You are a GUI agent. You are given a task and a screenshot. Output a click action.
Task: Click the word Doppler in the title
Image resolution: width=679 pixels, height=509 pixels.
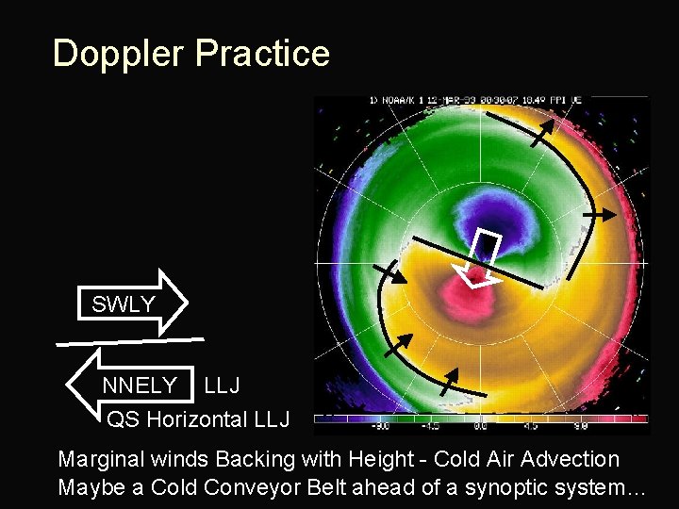[x=120, y=54]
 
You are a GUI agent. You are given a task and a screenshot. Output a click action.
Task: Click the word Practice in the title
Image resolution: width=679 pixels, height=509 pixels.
[x=262, y=54]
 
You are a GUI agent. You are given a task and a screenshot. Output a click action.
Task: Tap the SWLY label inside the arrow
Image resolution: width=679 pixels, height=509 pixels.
[x=124, y=304]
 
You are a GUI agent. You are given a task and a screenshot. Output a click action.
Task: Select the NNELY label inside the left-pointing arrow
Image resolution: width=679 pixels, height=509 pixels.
[x=140, y=385]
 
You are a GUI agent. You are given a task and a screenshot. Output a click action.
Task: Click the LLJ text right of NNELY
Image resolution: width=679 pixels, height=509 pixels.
[x=222, y=385]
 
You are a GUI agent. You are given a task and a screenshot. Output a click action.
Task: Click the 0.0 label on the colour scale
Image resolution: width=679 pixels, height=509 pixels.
[x=480, y=426]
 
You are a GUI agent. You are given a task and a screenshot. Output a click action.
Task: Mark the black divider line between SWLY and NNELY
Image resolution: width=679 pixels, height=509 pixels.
[x=129, y=339]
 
